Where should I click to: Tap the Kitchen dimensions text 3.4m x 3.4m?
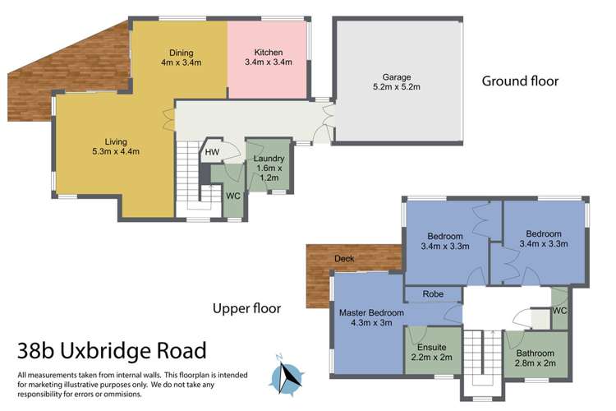(x=268, y=61)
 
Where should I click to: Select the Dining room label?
(x=181, y=51)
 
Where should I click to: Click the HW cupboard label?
(x=212, y=152)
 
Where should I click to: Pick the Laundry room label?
(x=269, y=159)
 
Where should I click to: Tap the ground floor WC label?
(x=232, y=196)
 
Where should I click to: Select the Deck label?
(x=345, y=259)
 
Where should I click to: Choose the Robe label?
(x=433, y=293)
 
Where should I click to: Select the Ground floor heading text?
(x=520, y=81)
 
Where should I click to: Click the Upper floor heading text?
(x=246, y=309)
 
